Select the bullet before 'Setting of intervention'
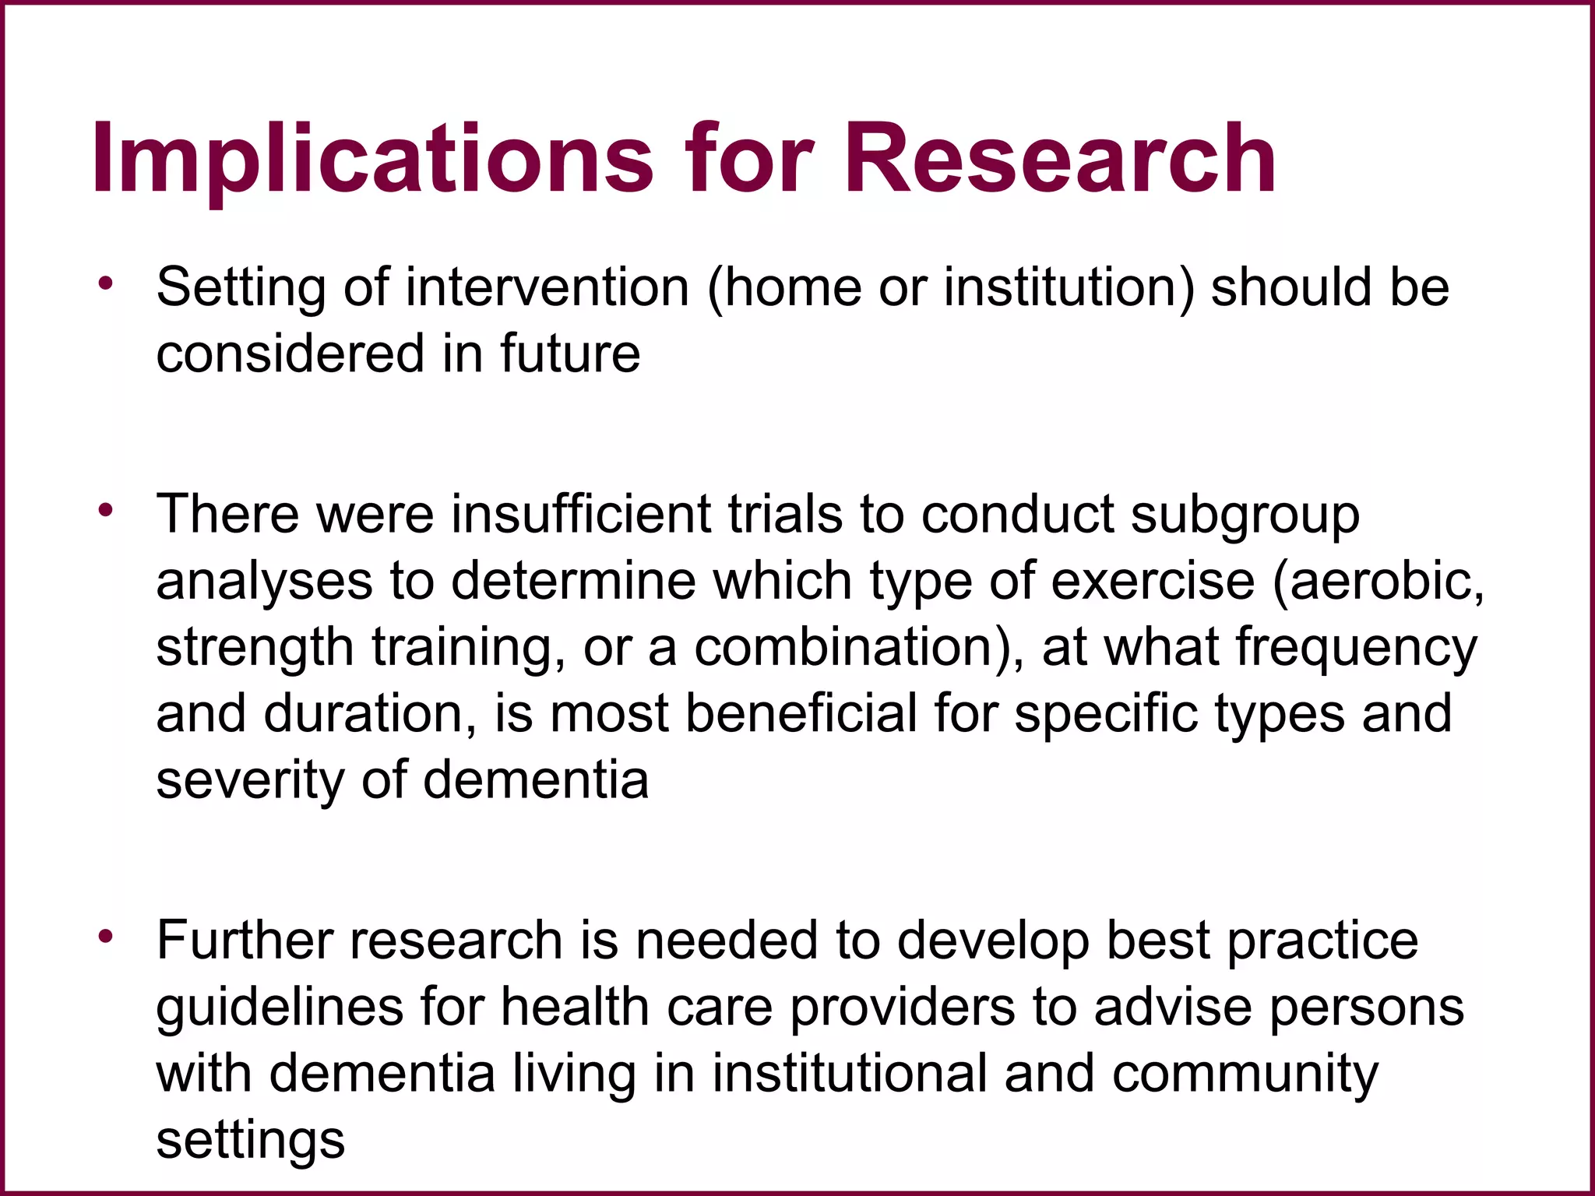(x=105, y=283)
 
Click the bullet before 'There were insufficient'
(x=105, y=511)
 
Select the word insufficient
(x=581, y=515)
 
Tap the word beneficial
(x=801, y=713)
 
